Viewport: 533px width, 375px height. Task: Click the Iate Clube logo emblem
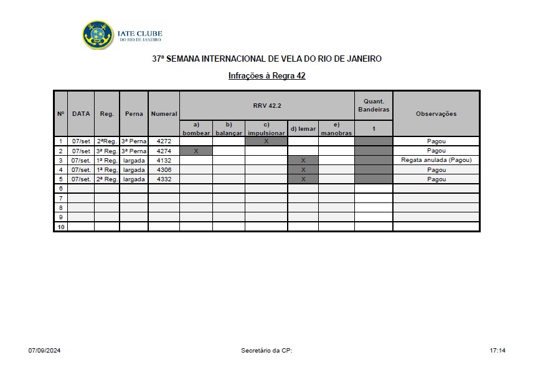(x=98, y=36)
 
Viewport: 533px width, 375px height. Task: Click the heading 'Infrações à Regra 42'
(x=266, y=76)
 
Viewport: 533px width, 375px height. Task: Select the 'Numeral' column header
(x=164, y=114)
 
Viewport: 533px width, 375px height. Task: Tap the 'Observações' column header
(x=436, y=114)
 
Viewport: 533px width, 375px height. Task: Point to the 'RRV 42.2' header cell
(x=267, y=106)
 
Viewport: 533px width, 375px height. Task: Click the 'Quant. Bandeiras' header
(x=374, y=105)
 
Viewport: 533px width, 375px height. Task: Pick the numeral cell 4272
(x=164, y=141)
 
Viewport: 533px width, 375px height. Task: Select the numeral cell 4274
(x=164, y=151)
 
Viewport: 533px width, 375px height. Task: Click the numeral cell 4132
(x=164, y=160)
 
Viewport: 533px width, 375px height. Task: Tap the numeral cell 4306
(x=164, y=169)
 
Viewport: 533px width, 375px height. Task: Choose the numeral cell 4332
(x=164, y=179)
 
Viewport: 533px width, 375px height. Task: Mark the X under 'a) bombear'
(x=196, y=151)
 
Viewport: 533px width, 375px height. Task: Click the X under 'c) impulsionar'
(x=266, y=141)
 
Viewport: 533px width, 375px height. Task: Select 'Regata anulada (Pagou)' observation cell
(x=436, y=160)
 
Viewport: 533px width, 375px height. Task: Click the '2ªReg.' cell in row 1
(x=106, y=141)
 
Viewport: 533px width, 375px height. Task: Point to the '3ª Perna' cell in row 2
(x=134, y=151)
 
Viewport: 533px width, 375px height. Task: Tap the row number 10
(x=60, y=227)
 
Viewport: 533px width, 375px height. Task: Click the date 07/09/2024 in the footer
(x=44, y=351)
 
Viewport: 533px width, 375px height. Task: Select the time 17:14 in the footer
(x=498, y=351)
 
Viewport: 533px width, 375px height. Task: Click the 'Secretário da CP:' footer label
(x=266, y=351)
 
